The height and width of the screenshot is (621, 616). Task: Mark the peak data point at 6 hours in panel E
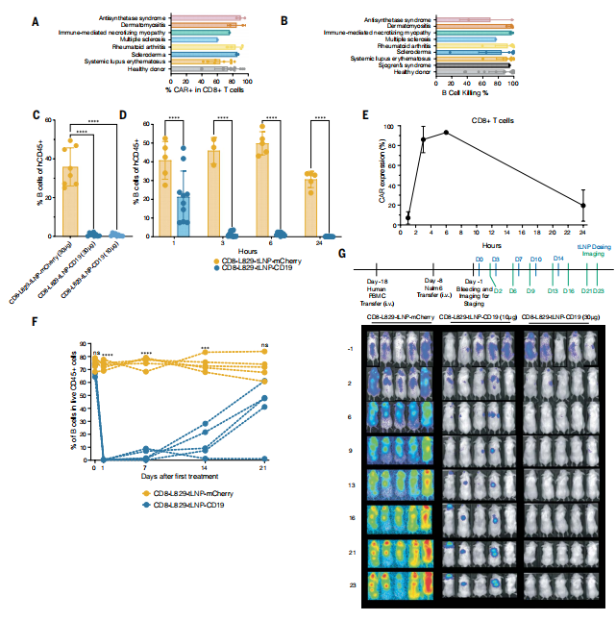[x=446, y=133]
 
